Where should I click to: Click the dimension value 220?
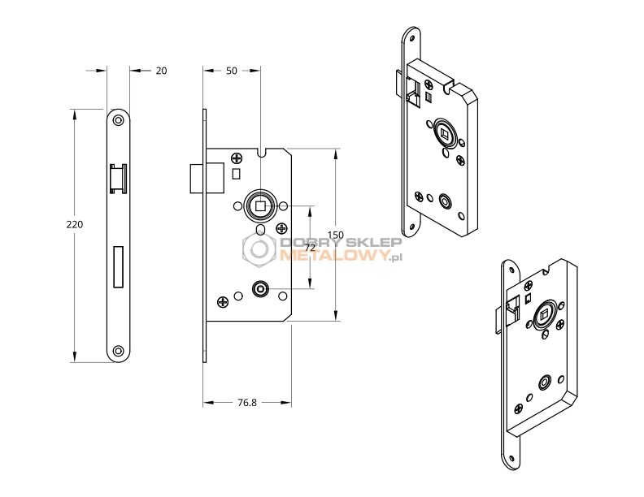(76, 223)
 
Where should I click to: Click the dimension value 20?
(161, 71)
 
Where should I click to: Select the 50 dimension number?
(231, 71)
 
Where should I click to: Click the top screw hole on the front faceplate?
(118, 119)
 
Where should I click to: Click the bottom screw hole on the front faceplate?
(118, 351)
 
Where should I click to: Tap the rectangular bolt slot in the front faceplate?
(118, 266)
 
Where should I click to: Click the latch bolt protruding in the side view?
(195, 178)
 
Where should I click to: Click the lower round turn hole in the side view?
(260, 288)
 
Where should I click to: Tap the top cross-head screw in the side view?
(237, 158)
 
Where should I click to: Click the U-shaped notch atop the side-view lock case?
(260, 152)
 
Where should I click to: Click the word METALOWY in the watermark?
(333, 256)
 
